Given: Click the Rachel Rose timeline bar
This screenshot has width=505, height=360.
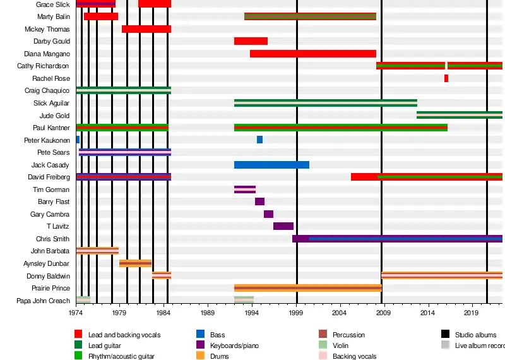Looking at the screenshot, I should pyautogui.click(x=446, y=78).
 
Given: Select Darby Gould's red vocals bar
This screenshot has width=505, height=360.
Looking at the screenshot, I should pyautogui.click(x=251, y=41).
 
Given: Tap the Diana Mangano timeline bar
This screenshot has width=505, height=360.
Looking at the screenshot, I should pyautogui.click(x=312, y=54).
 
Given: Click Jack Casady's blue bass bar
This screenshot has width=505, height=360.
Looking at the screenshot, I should pyautogui.click(x=271, y=165).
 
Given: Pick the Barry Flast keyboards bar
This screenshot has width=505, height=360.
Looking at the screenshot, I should pyautogui.click(x=259, y=201).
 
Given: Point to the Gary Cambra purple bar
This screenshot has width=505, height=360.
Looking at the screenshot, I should pyautogui.click(x=268, y=214).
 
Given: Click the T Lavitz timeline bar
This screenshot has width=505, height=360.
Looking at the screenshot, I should pyautogui.click(x=283, y=226).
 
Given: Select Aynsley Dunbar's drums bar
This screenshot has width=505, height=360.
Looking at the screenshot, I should pyautogui.click(x=135, y=263).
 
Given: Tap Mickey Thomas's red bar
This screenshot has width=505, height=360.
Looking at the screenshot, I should pyautogui.click(x=146, y=29).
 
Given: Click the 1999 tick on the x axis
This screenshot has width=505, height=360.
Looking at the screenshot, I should pyautogui.click(x=297, y=313).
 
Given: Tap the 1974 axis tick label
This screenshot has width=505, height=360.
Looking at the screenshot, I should pyautogui.click(x=76, y=313).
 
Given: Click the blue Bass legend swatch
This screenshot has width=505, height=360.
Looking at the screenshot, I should pyautogui.click(x=201, y=335).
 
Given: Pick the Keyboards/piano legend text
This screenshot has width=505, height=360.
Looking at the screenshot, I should pyautogui.click(x=234, y=345).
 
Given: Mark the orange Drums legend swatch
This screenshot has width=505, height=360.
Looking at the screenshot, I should pyautogui.click(x=201, y=356).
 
